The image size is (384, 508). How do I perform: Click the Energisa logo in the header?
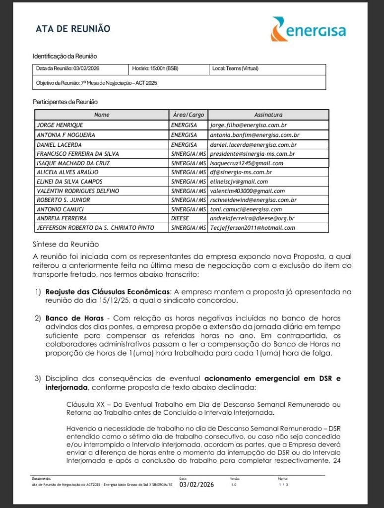click(308, 29)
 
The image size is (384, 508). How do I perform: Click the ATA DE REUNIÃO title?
click(73, 29)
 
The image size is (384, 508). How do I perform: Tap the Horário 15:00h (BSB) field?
click(155, 68)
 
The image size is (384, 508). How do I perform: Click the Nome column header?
click(101, 115)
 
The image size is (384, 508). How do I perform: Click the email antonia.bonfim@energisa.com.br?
click(255, 135)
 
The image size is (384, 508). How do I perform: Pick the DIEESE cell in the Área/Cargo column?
click(181, 218)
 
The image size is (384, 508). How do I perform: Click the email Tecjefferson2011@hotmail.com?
click(253, 228)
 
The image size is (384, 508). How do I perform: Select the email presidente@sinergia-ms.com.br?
click(253, 154)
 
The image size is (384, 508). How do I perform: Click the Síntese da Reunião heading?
click(66, 244)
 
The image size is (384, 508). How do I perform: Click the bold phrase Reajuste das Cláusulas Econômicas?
click(108, 292)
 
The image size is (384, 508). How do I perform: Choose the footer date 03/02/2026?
click(196, 485)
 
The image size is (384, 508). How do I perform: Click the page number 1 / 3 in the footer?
click(283, 484)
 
